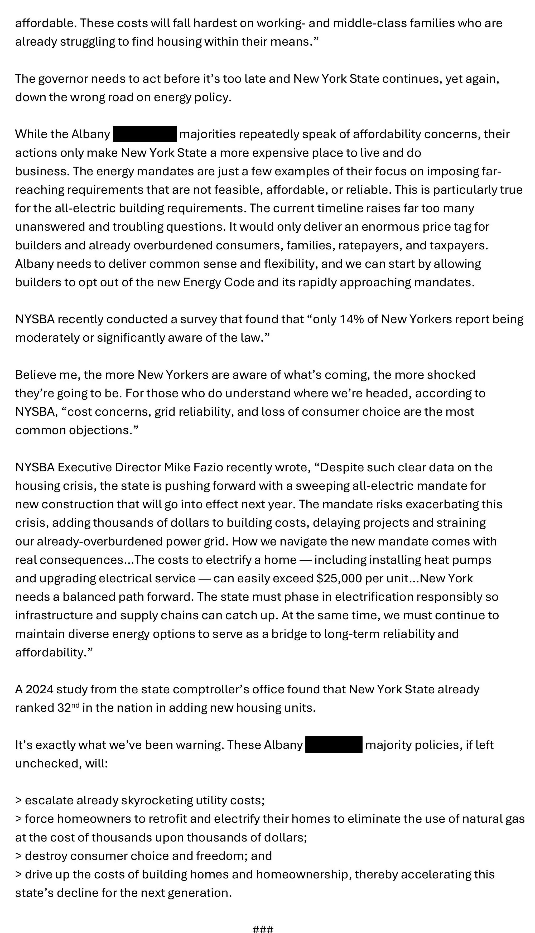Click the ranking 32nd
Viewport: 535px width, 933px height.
tap(69, 708)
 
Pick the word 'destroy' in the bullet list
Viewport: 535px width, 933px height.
tap(46, 856)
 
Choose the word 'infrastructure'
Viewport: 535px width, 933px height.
tap(54, 615)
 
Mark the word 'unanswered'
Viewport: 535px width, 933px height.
tap(50, 227)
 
